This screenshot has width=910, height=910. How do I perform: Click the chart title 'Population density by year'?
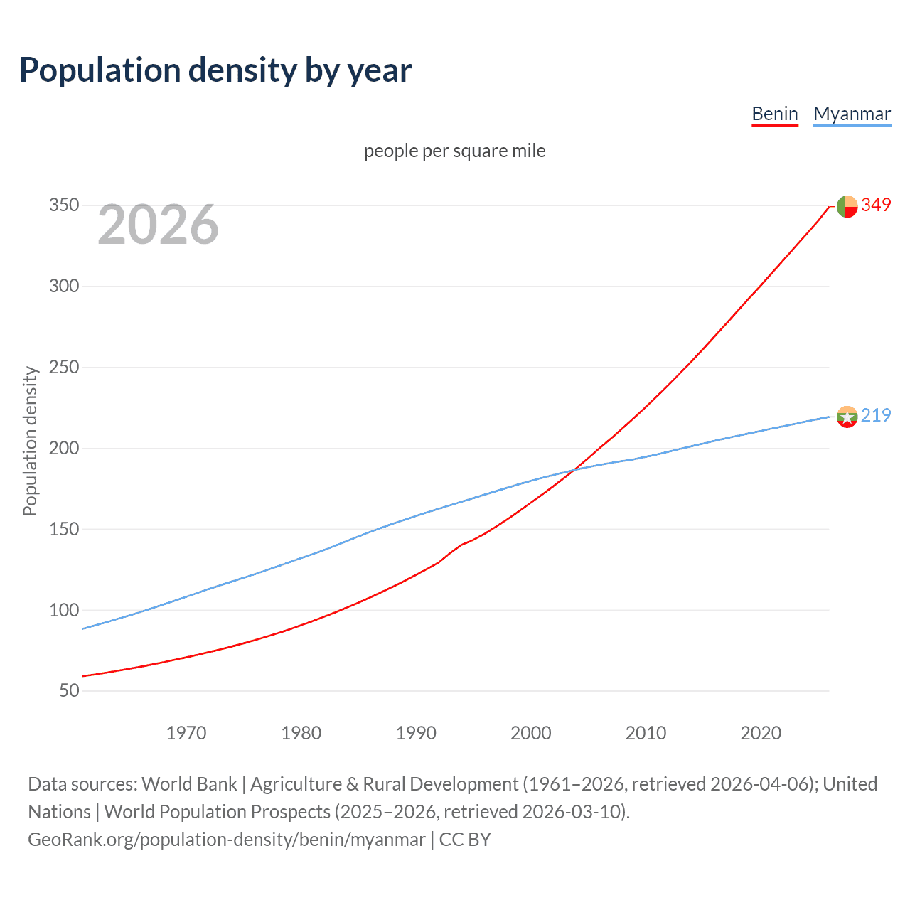215,70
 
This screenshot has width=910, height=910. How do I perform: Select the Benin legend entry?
775,114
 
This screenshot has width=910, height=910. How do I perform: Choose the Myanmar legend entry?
852,114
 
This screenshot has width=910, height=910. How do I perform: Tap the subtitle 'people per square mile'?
454,151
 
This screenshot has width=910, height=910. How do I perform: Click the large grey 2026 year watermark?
158,225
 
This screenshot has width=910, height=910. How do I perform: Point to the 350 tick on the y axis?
63,205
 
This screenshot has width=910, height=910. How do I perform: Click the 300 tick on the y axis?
63,287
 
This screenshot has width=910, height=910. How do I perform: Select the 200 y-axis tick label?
63,448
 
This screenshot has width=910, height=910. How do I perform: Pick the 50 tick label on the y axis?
69,690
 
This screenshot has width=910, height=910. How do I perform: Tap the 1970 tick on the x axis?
186,733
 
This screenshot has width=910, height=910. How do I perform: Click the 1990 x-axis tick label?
416,733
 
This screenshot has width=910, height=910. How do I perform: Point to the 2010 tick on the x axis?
646,733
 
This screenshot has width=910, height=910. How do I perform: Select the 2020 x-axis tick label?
761,733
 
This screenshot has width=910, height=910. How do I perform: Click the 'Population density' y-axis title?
30,441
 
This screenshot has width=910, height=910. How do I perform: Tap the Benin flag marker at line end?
847,206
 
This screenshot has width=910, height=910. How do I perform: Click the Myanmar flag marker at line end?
847,417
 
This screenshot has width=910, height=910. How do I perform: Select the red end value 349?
876,205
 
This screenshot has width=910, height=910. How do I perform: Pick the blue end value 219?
876,416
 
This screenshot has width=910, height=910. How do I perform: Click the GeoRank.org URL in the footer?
227,840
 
